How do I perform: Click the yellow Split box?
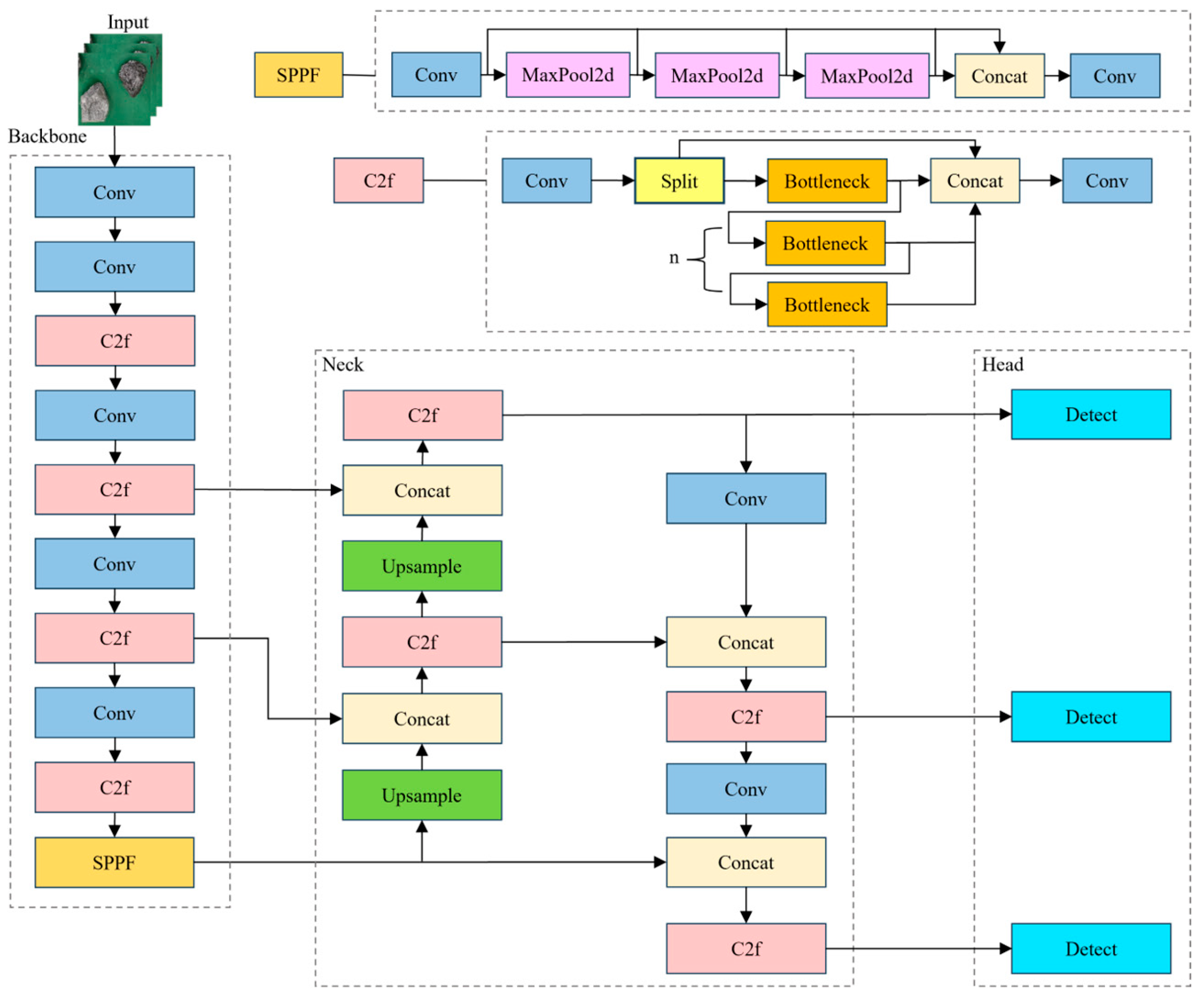(679, 181)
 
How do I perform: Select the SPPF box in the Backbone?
(114, 862)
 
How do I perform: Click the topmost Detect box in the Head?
(1090, 415)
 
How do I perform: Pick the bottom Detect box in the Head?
(1090, 949)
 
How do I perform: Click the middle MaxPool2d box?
(716, 76)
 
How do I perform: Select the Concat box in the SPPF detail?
(999, 76)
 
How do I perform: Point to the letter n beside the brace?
(674, 258)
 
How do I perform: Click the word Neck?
(343, 365)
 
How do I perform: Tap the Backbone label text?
(47, 137)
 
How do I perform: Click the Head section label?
(1002, 365)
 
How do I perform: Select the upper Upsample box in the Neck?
(422, 566)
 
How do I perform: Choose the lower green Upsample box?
(422, 795)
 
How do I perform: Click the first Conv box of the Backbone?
(114, 193)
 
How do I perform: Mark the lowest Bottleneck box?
(827, 305)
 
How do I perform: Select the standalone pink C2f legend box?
(379, 180)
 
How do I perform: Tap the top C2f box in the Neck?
(423, 415)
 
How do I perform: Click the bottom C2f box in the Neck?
(746, 949)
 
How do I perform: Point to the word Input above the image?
(128, 22)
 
